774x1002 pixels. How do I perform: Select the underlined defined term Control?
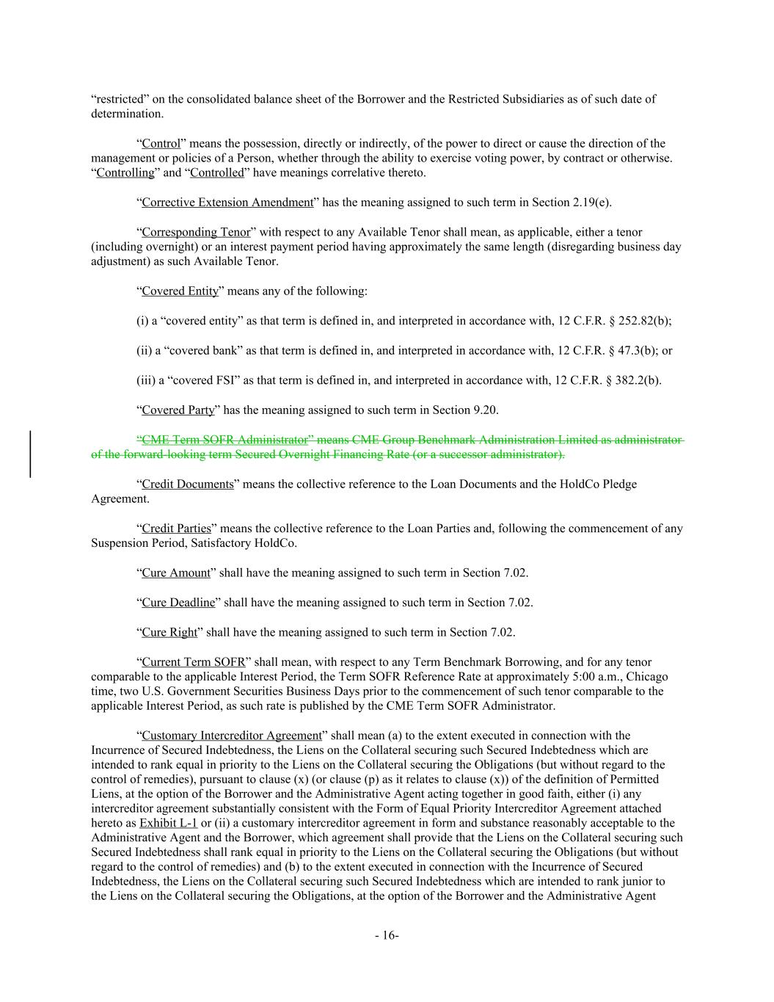click(161, 143)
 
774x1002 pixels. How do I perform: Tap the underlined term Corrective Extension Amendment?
click(227, 203)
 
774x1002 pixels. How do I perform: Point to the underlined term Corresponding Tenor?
click(196, 232)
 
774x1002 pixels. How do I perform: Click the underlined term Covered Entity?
click(180, 291)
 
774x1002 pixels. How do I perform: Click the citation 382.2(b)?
click(635, 380)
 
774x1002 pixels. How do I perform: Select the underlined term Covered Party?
click(178, 410)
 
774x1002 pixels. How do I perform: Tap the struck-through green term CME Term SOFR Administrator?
click(224, 440)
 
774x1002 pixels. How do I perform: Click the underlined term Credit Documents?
click(187, 484)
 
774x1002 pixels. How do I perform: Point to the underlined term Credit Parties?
click(176, 529)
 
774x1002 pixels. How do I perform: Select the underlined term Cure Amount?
click(175, 573)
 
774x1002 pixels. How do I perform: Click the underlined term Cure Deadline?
click(178, 603)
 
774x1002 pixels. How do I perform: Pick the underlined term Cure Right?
click(169, 632)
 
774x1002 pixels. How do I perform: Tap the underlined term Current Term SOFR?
click(193, 662)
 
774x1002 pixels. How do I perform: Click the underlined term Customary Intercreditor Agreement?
click(232, 736)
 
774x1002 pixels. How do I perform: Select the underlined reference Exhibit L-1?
click(168, 823)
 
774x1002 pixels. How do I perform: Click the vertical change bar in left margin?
click(30, 454)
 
